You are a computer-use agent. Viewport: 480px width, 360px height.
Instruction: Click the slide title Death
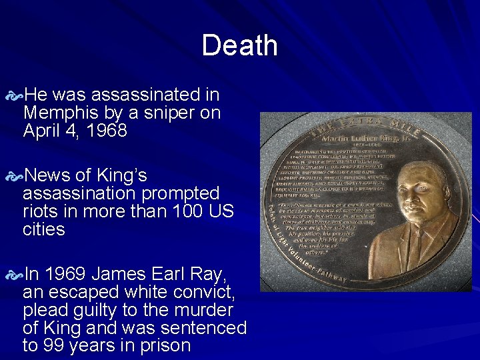[x=239, y=46]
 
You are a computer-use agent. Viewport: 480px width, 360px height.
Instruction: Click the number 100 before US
[x=189, y=211]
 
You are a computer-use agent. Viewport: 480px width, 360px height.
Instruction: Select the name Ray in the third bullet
[x=210, y=274]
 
